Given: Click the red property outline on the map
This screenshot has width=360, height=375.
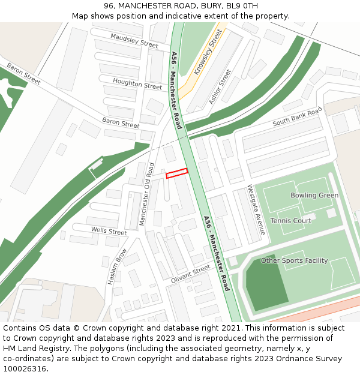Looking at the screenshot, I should [177, 173].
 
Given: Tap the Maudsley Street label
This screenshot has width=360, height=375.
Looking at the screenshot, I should [134, 40].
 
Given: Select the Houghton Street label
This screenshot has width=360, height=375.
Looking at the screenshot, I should [137, 85].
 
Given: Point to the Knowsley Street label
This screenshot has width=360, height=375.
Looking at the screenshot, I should [208, 52].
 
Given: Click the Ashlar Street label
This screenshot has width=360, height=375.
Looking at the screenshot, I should [220, 87].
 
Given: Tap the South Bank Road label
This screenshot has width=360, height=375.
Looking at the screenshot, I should [297, 116].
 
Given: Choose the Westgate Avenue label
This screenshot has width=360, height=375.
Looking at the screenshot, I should [256, 209].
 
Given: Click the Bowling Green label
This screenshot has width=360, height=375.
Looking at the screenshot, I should [314, 196].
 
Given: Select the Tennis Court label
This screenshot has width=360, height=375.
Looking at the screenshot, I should [290, 221].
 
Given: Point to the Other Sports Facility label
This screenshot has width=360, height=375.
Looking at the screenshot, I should [294, 260].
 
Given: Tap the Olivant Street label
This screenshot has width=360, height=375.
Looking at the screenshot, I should [191, 273].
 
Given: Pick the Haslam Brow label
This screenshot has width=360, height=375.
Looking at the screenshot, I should [117, 266].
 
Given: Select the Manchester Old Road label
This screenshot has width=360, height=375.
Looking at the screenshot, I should [147, 194].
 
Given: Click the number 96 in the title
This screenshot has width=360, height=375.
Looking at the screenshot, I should [108, 6].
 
